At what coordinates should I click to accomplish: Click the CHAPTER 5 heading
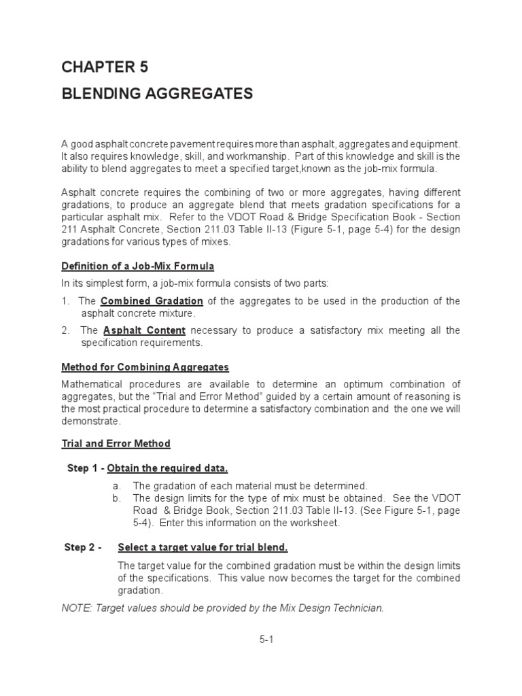point(104,67)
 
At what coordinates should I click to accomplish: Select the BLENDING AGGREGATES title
point(157,94)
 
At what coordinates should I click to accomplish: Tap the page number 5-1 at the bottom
point(265,640)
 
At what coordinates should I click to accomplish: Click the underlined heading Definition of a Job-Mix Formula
point(138,265)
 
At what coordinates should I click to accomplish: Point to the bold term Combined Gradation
point(152,300)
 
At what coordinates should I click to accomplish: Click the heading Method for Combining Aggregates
point(145,367)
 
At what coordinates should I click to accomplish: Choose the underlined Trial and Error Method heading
point(116,444)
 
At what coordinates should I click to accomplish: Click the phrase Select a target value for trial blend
point(203,548)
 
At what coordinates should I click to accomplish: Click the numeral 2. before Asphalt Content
point(66,330)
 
